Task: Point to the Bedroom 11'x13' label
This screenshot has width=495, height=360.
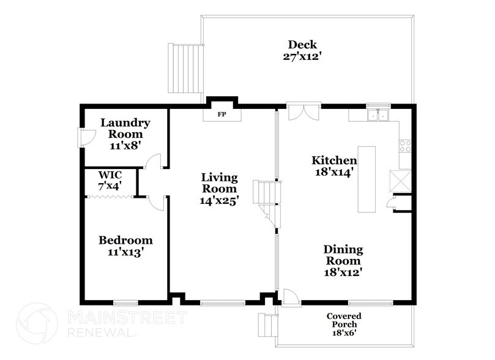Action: click(x=125, y=246)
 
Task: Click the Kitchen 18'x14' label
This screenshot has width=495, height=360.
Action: click(x=334, y=166)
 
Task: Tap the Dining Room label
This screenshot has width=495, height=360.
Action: click(x=343, y=261)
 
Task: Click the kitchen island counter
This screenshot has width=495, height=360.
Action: click(x=367, y=179)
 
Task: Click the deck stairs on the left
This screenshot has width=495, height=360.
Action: click(x=184, y=68)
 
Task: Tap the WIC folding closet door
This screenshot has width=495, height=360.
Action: click(x=110, y=197)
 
